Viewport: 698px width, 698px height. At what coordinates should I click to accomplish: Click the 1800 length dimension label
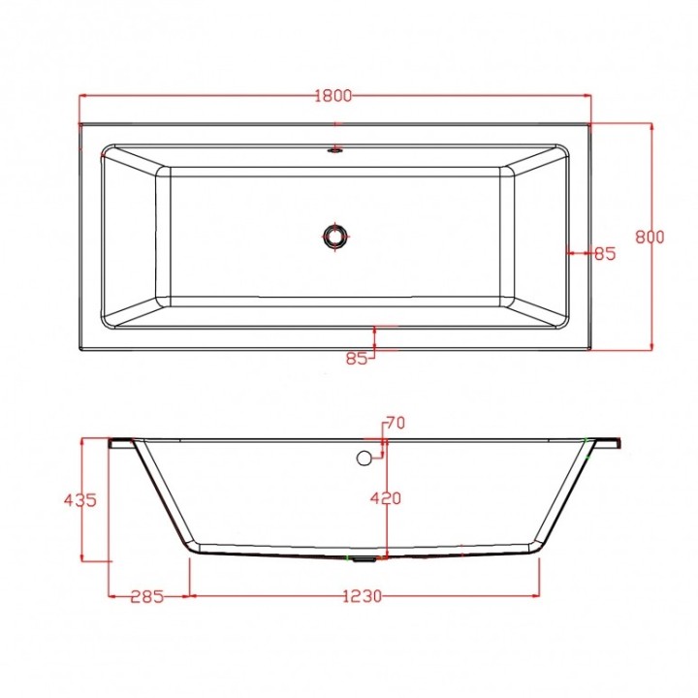pos(333,95)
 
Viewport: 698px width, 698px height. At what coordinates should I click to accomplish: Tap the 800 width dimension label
pos(650,237)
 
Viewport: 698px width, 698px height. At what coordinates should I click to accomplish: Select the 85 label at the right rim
pos(605,253)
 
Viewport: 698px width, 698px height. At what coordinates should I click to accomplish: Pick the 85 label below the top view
pos(357,358)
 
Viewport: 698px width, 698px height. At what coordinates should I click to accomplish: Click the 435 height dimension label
pos(80,500)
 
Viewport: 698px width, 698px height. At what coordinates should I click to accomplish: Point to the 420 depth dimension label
pos(386,498)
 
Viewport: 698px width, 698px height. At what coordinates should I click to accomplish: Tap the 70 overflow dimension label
pos(396,423)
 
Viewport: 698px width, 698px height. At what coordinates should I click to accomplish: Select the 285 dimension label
pos(147,596)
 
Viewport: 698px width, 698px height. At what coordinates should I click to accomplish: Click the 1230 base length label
pos(363,595)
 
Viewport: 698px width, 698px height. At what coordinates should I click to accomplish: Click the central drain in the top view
pos(334,236)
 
